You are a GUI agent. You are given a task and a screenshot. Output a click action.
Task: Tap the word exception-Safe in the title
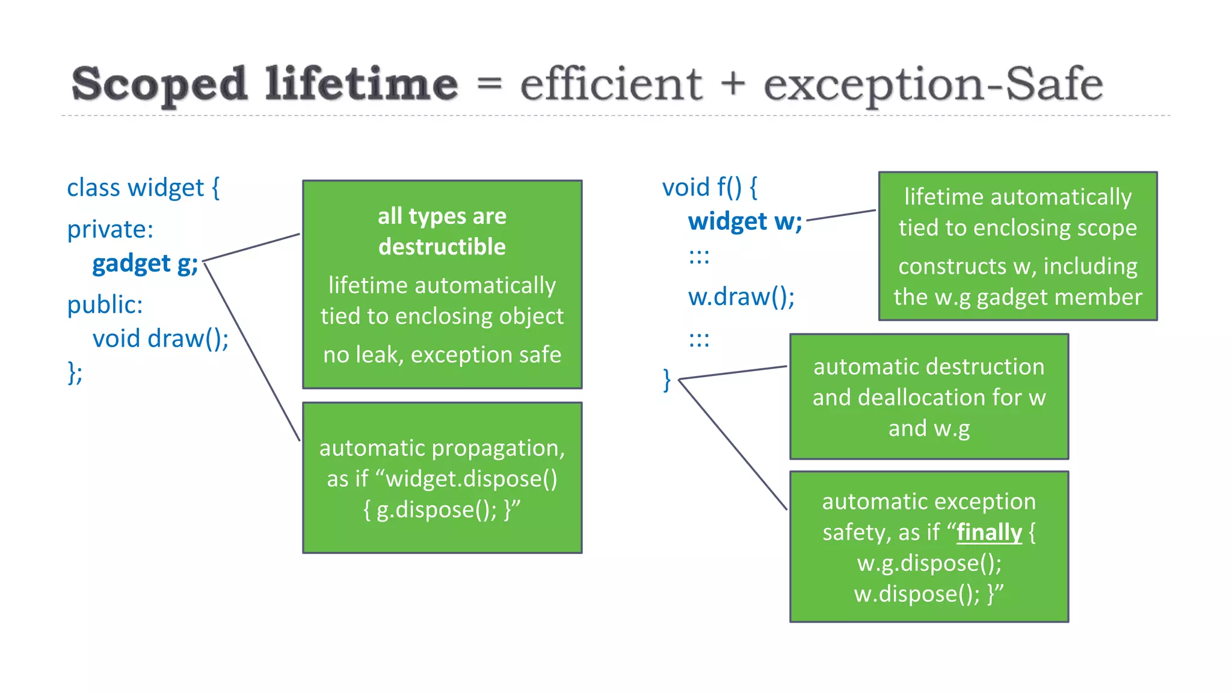click(x=933, y=84)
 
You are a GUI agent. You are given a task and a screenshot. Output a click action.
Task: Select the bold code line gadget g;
click(x=145, y=263)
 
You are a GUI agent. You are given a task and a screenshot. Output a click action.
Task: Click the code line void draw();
click(x=160, y=339)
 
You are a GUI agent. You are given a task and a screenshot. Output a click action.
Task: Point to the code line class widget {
click(x=143, y=188)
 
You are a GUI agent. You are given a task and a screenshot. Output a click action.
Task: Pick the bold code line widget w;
click(x=745, y=221)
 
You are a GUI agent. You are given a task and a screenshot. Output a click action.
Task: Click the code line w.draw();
click(x=741, y=297)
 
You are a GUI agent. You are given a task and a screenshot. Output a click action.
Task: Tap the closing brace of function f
click(x=667, y=380)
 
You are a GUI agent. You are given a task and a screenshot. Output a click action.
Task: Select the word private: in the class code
click(x=110, y=229)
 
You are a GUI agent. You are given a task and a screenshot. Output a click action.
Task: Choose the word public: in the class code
click(x=105, y=304)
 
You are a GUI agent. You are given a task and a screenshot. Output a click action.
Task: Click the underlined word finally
click(x=989, y=532)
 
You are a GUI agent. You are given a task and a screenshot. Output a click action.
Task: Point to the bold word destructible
click(x=442, y=247)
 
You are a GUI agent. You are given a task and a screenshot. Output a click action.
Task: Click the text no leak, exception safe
click(x=442, y=355)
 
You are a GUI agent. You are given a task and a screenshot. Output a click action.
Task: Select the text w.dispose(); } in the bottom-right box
click(x=928, y=594)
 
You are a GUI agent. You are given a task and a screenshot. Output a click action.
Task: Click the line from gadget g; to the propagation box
click(x=253, y=353)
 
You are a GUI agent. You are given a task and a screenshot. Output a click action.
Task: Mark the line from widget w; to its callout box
click(x=841, y=215)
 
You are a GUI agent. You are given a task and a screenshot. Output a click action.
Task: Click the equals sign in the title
click(x=489, y=84)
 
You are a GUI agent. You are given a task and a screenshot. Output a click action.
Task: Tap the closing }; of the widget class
click(x=75, y=373)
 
